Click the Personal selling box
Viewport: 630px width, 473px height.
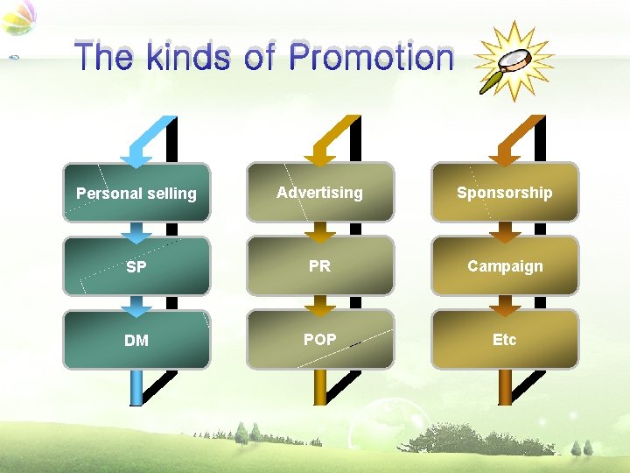[x=136, y=193]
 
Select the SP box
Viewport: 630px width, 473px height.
[x=136, y=266]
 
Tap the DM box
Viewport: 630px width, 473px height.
[x=136, y=340]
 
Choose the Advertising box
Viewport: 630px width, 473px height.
[x=320, y=192]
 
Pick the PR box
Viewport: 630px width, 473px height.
[x=320, y=265]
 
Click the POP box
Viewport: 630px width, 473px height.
[x=320, y=339]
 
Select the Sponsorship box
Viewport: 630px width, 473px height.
[x=505, y=192]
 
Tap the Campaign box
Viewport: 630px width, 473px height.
[x=505, y=265]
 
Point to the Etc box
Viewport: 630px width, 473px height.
[x=505, y=339]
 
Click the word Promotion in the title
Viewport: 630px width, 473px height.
[x=372, y=58]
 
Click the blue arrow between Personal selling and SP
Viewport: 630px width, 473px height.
[x=136, y=232]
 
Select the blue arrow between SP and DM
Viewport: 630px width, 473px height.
[x=136, y=306]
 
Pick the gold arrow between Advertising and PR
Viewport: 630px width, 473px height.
[x=320, y=232]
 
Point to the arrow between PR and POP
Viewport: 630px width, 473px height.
[x=320, y=306]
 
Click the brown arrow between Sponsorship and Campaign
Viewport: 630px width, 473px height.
[x=505, y=232]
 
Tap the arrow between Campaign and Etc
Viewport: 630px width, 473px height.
[x=505, y=306]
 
